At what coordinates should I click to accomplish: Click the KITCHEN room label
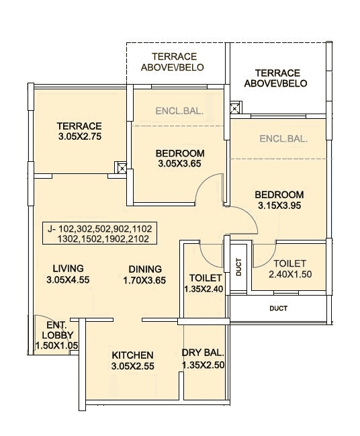tap(132, 355)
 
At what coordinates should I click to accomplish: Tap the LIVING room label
tap(64, 268)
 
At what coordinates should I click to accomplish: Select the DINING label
tap(145, 269)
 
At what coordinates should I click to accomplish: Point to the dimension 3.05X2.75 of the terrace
tap(79, 137)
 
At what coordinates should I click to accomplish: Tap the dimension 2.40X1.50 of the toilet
tap(290, 275)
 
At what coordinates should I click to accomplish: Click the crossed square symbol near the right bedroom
tap(234, 108)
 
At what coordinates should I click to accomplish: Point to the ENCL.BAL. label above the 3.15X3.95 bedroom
tap(283, 139)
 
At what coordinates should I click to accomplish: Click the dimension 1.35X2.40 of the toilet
tap(202, 289)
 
